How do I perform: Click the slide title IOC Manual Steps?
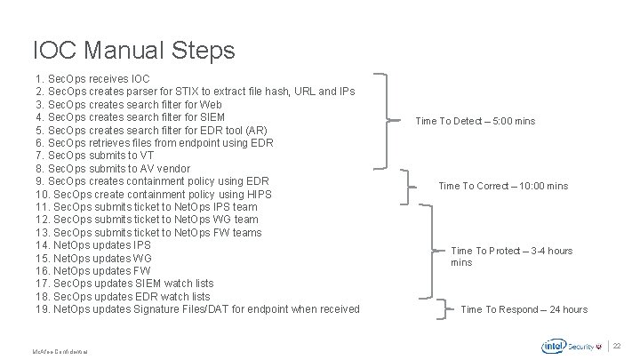coord(133,50)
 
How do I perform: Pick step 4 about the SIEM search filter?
coord(130,117)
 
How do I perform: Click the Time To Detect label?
coord(475,121)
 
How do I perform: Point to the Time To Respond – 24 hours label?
coord(524,309)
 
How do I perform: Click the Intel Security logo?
coord(570,346)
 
